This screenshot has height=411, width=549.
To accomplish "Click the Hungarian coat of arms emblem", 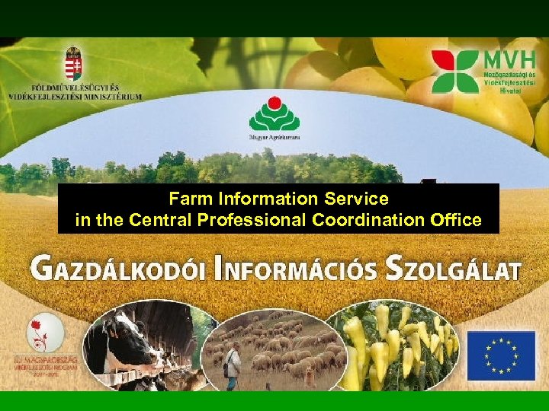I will [x=73, y=63].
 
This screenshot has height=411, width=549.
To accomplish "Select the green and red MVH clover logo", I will [x=454, y=71].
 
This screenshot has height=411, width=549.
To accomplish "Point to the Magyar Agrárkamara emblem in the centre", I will [x=274, y=114].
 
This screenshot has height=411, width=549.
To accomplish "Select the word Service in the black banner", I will [x=358, y=199].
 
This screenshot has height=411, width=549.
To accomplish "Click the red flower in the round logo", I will [x=43, y=327].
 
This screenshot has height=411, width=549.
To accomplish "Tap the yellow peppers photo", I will [x=393, y=346].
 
